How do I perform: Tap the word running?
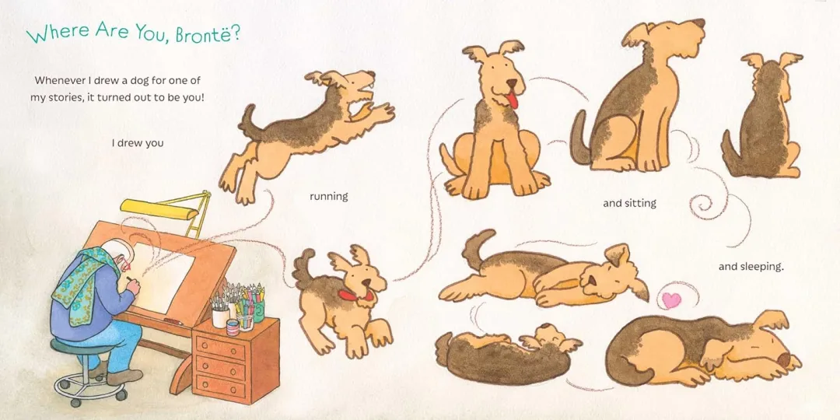tap(328, 197)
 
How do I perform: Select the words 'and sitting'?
tap(629, 204)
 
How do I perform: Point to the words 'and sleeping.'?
tap(751, 266)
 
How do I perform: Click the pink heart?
tap(671, 300)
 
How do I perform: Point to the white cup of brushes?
tap(220, 317)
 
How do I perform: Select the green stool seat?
tap(83, 347)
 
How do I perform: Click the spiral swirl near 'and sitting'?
tap(702, 206)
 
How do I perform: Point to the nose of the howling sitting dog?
tap(698, 23)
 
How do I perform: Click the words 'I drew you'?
tap(138, 144)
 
